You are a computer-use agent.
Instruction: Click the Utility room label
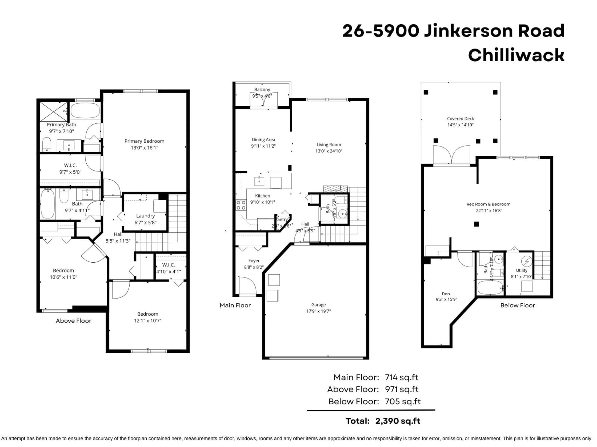[x=521, y=270]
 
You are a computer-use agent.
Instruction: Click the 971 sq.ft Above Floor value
[x=402, y=389]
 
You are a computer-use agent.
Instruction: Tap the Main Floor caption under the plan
[x=235, y=305]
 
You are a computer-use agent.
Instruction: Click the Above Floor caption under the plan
[x=73, y=321]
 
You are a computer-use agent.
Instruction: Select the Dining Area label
[x=263, y=140]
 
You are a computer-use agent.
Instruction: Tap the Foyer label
[x=254, y=261]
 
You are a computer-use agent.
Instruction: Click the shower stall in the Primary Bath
[x=53, y=112]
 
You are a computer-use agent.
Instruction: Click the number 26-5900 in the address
[x=381, y=31]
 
